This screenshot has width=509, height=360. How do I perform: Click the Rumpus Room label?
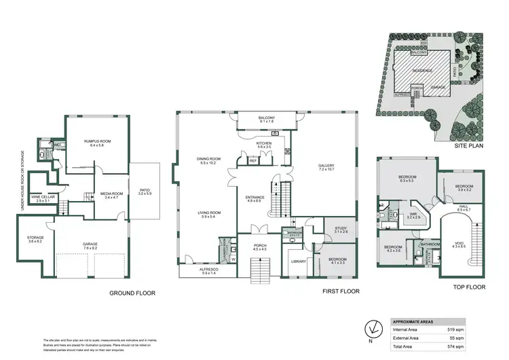point(92,141)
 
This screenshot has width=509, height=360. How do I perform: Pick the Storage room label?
point(33,238)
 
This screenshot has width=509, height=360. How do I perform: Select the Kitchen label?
point(264,143)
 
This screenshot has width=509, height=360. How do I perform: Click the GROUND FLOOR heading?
point(132,293)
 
